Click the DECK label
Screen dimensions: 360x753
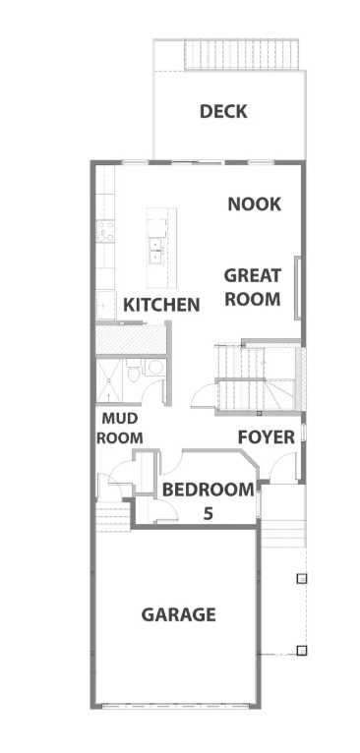223,111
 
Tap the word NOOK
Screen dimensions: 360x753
254,204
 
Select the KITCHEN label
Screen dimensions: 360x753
161,305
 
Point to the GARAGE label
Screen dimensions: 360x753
178,614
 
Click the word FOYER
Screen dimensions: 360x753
267,437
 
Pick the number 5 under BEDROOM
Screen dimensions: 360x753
208,514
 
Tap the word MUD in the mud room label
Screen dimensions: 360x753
120,419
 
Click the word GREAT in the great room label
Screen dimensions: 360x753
253,275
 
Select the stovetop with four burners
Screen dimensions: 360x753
105,231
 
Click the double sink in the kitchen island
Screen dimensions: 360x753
154,251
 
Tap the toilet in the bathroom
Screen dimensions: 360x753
134,372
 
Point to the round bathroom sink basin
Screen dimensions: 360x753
154,368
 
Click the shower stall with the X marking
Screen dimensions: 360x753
109,380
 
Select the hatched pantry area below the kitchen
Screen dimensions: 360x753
130,340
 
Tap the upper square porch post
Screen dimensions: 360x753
301,578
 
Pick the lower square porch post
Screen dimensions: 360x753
301,650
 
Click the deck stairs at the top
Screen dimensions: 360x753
241,54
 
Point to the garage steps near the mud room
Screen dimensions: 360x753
113,516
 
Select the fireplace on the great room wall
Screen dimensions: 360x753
297,288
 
